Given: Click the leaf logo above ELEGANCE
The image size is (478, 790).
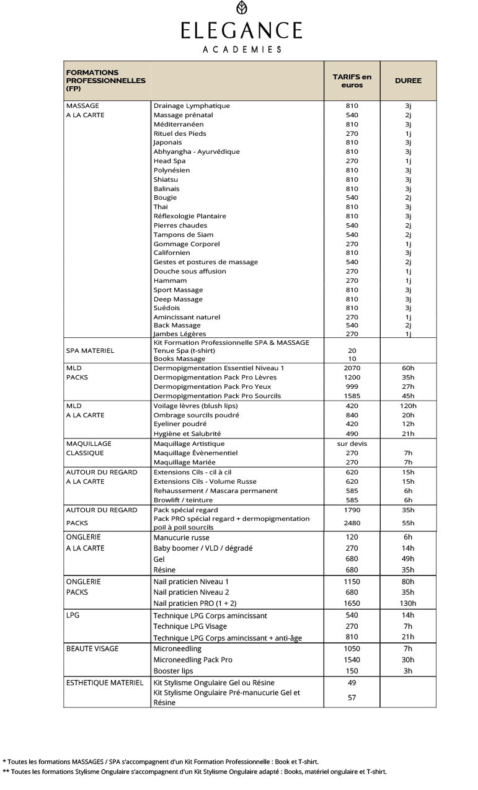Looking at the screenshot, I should pos(242,8).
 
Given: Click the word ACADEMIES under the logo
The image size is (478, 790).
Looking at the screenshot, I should pos(242,49).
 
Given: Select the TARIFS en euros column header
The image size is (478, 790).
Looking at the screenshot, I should pos(352,81).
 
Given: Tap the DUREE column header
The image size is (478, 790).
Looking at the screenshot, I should pos(408,81).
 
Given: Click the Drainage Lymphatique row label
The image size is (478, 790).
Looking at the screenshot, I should pos(192,106).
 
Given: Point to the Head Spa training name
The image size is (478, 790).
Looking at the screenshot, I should pos(169,161).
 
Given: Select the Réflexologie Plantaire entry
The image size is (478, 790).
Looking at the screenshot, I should pos(190,216).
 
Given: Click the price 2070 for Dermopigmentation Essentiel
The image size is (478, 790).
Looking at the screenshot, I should pos(352,368).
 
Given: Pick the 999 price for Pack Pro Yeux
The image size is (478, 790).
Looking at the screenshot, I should pos(352,387).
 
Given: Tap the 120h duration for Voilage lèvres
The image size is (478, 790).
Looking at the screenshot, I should pos(408,406).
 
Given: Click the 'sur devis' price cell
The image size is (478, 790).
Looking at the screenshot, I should pos(352,444).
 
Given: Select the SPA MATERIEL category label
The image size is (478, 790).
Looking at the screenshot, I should pos(90,351).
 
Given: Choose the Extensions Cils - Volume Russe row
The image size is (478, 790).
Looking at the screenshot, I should pos(205,482).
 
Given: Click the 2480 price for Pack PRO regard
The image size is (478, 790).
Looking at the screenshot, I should pos(352,523).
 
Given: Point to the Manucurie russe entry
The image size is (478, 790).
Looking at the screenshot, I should pos(181,538).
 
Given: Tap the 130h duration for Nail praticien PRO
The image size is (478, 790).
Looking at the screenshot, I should pos(408,603).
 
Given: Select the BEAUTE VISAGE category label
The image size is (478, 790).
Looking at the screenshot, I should pos(92,649).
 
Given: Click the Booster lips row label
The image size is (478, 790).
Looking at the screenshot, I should pos(173,671).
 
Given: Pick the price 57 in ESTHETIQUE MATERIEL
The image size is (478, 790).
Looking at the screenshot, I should pos(352,698).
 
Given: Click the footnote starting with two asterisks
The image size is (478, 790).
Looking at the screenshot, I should pos(195,772).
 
